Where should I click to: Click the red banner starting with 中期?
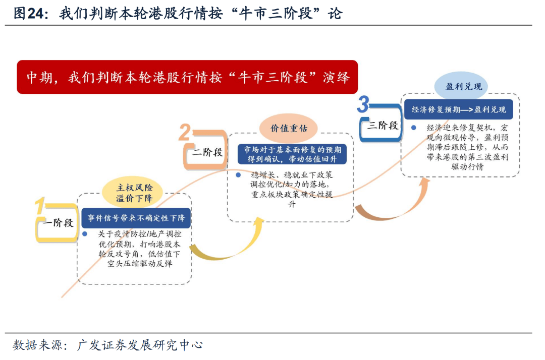[187, 77]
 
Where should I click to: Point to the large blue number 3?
[363, 105]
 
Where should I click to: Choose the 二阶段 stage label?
[207, 152]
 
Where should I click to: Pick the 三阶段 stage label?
[383, 126]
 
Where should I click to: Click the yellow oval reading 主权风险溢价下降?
[134, 192]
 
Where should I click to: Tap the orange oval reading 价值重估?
[289, 128]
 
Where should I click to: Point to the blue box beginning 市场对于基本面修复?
[292, 154]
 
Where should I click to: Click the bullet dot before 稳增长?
[237, 175]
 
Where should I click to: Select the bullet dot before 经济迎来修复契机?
[413, 128]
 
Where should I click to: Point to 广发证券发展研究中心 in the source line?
[140, 345]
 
